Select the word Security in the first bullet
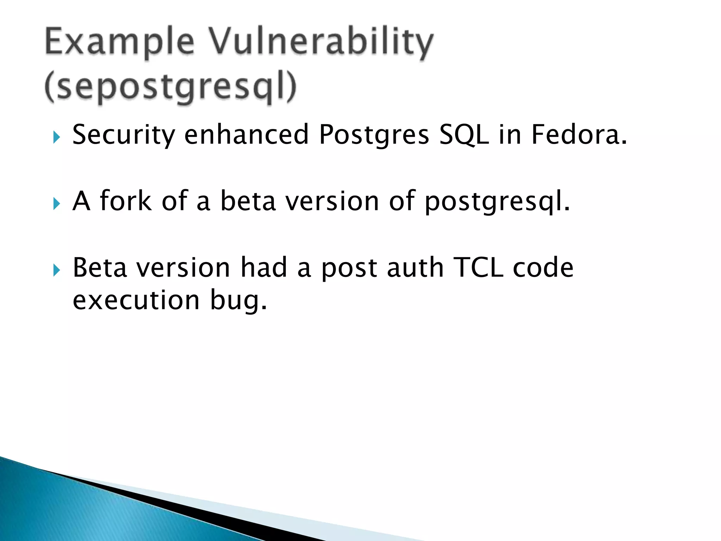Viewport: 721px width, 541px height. click(124, 135)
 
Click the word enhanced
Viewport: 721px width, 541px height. click(246, 135)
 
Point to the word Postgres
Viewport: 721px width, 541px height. click(374, 135)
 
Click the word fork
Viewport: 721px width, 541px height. click(126, 201)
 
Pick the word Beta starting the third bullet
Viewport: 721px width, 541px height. click(100, 268)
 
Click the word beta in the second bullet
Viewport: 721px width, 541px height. click(248, 201)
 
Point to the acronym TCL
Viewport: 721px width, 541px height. click(478, 268)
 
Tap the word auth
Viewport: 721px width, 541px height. click(415, 268)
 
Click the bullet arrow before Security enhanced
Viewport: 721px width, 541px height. click(57, 137)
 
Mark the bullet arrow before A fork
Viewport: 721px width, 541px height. click(57, 204)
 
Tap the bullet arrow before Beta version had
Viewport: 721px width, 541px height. click(57, 270)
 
